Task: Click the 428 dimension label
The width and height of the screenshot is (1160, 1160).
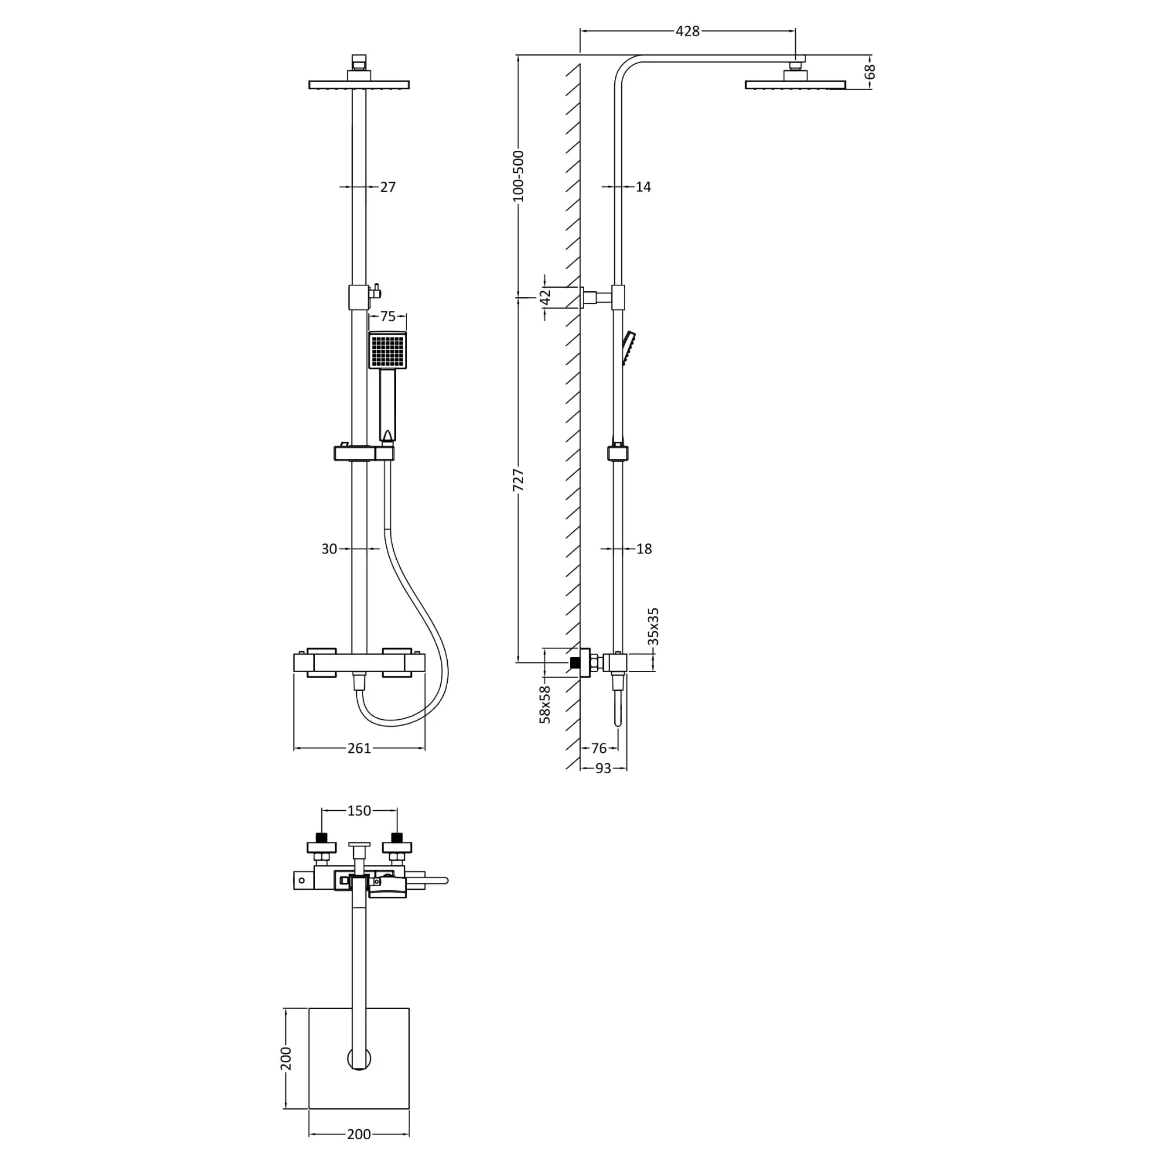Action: click(x=687, y=31)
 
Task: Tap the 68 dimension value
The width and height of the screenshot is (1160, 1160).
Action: click(x=869, y=71)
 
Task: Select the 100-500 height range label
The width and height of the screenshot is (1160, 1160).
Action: click(x=518, y=176)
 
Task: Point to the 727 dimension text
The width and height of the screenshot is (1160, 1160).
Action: click(x=518, y=480)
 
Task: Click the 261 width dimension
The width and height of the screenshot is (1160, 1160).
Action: click(x=359, y=748)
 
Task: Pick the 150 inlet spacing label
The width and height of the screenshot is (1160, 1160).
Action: click(x=359, y=811)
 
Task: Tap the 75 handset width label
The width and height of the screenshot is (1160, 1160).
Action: click(x=388, y=317)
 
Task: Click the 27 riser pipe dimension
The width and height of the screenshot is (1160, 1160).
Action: click(x=388, y=187)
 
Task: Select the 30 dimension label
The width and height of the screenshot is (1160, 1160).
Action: click(x=329, y=549)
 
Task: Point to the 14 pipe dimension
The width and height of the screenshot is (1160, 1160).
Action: click(x=643, y=187)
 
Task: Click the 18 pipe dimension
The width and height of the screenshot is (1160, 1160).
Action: click(x=644, y=549)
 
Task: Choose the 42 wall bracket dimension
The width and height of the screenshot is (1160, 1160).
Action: click(x=545, y=297)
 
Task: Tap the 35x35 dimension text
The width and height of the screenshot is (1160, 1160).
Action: click(x=653, y=626)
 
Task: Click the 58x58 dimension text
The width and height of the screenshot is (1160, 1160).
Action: click(x=545, y=704)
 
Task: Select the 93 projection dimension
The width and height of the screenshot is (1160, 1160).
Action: click(x=603, y=768)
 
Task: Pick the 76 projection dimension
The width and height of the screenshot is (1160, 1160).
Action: click(x=599, y=748)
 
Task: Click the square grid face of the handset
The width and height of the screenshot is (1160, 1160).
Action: click(x=387, y=351)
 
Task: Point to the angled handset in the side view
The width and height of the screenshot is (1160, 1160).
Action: click(x=629, y=347)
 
